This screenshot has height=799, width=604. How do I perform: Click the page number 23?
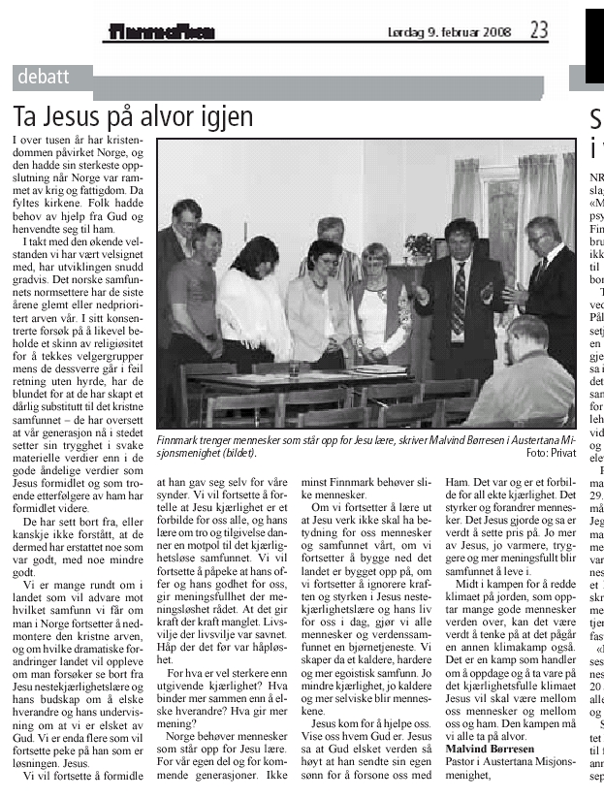539,30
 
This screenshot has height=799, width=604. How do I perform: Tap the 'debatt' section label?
42,76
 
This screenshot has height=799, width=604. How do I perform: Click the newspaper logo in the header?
161,32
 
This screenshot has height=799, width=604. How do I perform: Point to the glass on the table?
293,369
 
